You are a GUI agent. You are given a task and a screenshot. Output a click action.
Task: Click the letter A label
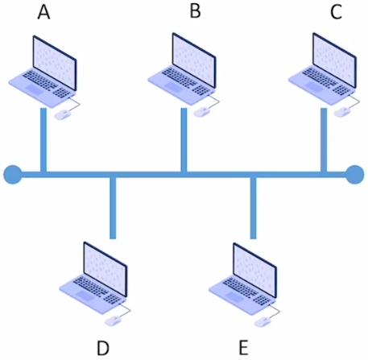click(x=43, y=13)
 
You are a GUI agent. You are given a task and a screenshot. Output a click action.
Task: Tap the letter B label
click(x=195, y=11)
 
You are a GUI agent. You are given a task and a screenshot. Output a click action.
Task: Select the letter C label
click(x=336, y=12)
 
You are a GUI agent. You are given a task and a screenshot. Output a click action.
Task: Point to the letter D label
click(x=103, y=348)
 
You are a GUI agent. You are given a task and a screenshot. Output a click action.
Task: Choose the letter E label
click(x=243, y=348)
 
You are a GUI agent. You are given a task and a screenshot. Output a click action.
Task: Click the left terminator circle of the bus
click(x=13, y=175)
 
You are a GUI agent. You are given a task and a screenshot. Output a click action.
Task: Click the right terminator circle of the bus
click(x=355, y=175)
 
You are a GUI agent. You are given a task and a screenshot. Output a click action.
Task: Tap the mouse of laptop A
click(x=63, y=114)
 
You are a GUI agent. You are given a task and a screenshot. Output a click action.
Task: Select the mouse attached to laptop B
click(x=202, y=112)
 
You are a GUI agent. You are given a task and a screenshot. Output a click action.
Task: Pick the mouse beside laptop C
click(x=342, y=112)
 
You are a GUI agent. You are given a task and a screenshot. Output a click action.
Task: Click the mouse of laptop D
click(x=113, y=321)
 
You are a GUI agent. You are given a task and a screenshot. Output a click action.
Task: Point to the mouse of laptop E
click(x=263, y=322)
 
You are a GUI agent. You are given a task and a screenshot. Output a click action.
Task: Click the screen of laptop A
click(x=55, y=63)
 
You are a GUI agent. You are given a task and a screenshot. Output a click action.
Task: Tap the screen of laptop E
click(x=254, y=270)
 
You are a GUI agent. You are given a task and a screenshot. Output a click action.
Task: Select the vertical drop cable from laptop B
click(x=184, y=139)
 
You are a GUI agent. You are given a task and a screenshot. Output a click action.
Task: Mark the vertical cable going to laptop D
click(x=113, y=208)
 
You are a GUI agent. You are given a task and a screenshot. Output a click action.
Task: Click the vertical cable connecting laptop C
click(x=324, y=139)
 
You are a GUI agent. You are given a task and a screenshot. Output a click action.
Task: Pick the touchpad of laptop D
click(x=85, y=296)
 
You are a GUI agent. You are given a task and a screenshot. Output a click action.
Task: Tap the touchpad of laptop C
click(x=314, y=87)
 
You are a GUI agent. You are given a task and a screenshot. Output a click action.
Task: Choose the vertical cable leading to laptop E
click(x=253, y=208)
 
